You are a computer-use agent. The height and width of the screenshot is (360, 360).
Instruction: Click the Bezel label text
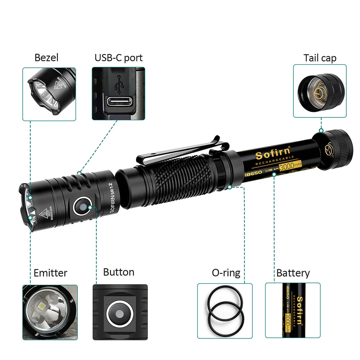46,58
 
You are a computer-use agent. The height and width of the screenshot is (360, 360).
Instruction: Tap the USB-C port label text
118,58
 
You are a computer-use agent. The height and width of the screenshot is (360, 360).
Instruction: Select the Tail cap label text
320,58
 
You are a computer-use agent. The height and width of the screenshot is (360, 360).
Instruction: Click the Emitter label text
50,273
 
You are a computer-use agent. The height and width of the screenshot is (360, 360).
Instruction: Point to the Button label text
118,272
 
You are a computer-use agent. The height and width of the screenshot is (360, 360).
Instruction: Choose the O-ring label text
226,273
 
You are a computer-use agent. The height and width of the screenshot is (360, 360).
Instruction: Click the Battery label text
293,273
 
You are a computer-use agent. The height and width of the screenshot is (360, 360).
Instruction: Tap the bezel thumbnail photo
49,94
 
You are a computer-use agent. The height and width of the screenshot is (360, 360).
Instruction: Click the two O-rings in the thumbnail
225,311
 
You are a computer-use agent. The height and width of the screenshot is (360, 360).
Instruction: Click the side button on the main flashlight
82,207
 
